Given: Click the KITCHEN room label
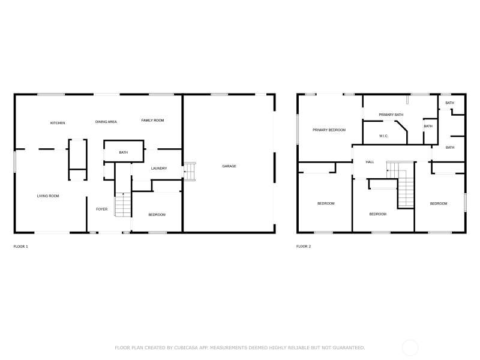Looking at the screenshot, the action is click(x=58, y=123).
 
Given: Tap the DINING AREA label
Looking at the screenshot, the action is click(x=106, y=122).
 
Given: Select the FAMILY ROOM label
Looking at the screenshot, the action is click(x=153, y=121).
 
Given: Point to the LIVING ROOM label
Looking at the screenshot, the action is click(x=48, y=196).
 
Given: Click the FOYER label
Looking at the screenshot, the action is click(x=102, y=209).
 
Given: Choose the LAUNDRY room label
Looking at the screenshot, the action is click(x=159, y=169).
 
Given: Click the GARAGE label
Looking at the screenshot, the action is click(x=229, y=166).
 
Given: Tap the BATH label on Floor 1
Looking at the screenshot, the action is click(x=124, y=152).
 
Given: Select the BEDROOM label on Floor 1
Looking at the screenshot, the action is click(x=157, y=215).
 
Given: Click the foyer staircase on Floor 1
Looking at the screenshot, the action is click(x=123, y=205).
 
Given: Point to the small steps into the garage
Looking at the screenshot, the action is click(x=190, y=172).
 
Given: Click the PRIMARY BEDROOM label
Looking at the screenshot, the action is click(x=329, y=130).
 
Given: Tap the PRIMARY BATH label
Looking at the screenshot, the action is click(x=391, y=115).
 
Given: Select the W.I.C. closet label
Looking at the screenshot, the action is click(x=383, y=136).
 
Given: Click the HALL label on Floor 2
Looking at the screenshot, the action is click(x=370, y=162).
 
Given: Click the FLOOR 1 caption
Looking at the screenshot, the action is click(x=21, y=247).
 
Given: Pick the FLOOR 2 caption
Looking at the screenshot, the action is click(x=304, y=247).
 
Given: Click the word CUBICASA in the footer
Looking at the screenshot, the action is click(x=186, y=348).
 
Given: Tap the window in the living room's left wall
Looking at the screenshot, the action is click(x=14, y=161).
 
